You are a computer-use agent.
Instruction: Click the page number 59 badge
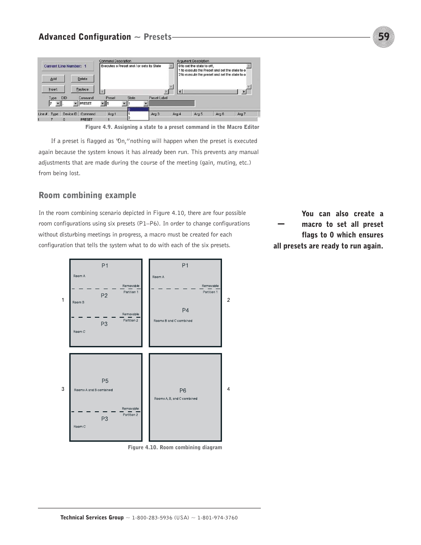(383, 37)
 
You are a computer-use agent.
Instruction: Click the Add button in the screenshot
(53, 79)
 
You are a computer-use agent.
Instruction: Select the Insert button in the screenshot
(53, 89)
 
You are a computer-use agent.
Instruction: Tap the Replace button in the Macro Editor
(83, 89)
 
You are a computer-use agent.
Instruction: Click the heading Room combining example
(87, 195)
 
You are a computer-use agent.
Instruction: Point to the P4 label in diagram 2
(185, 310)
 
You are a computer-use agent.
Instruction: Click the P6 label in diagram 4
(183, 391)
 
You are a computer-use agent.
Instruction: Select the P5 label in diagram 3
(105, 381)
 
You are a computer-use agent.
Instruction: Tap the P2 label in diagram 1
(104, 296)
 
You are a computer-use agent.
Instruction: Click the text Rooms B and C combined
(173, 321)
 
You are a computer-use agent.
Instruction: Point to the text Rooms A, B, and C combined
(176, 398)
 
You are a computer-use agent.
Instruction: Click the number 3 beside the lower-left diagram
(63, 389)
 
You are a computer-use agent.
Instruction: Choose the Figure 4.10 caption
(175, 447)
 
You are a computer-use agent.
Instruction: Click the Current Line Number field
(68, 66)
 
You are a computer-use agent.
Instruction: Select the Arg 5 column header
(199, 114)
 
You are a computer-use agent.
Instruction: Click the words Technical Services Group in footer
(92, 518)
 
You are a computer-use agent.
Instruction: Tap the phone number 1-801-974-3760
(217, 518)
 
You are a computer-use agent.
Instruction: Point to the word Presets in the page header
(158, 37)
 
